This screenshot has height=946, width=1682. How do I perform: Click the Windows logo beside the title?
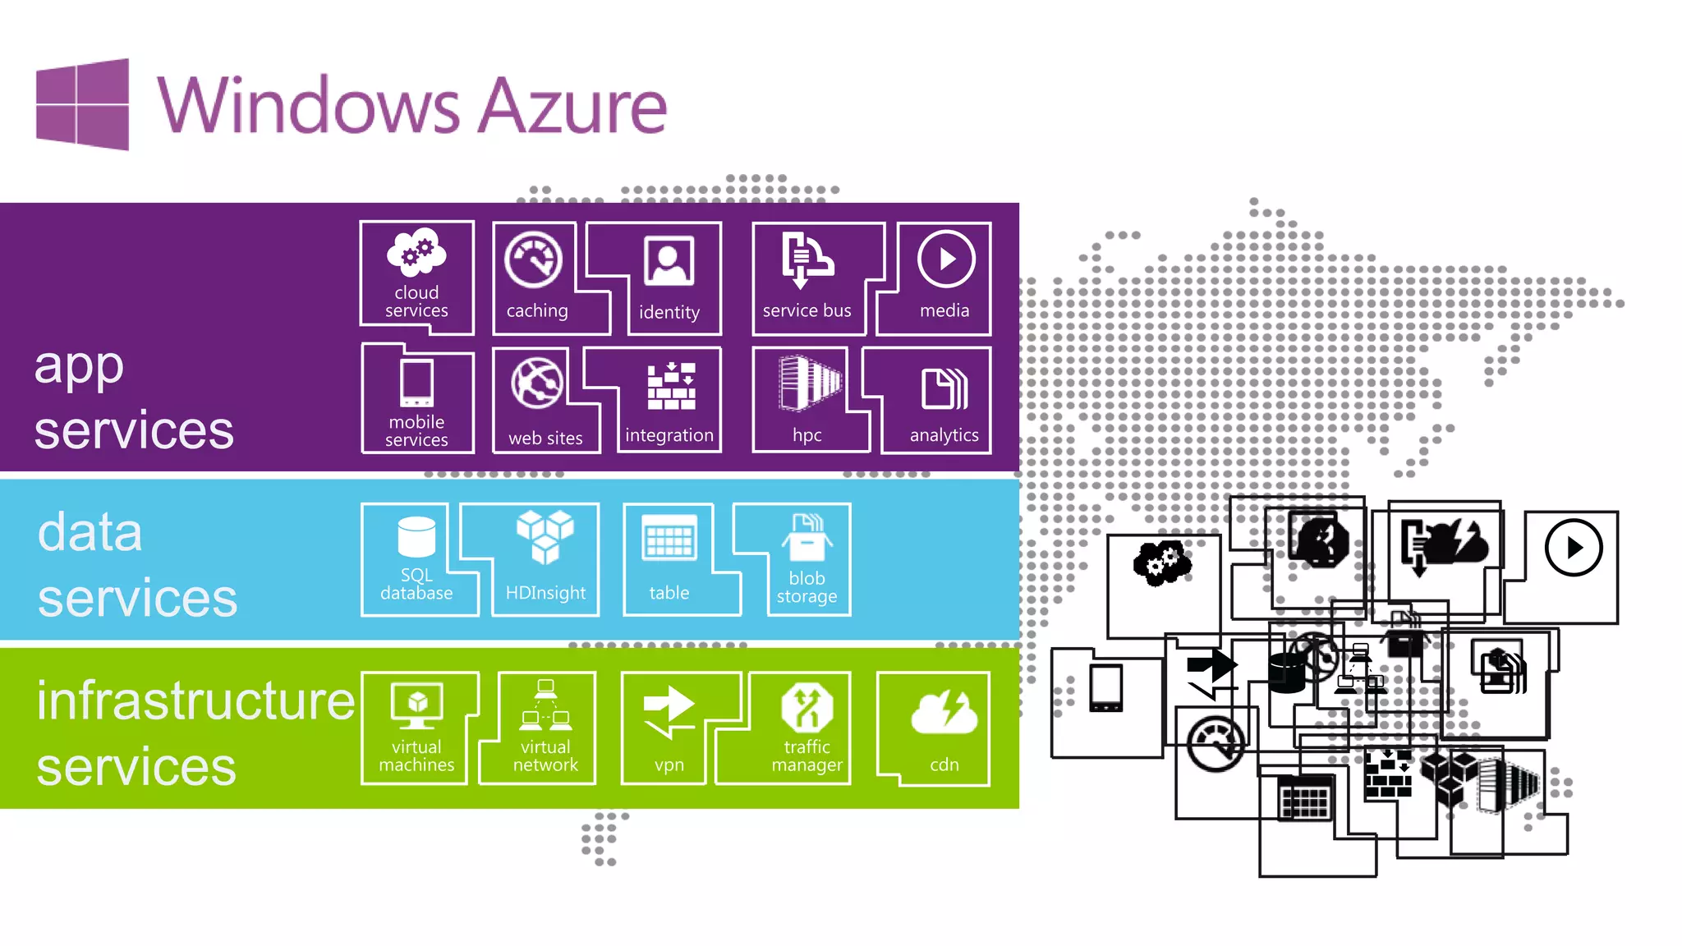click(x=82, y=104)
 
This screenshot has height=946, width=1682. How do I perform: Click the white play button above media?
click(x=945, y=259)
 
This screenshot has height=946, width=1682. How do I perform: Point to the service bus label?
click(x=807, y=310)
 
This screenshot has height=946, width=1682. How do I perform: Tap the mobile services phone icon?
click(x=416, y=383)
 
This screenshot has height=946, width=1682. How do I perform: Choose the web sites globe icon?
click(x=537, y=383)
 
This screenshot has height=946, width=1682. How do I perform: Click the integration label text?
click(x=669, y=435)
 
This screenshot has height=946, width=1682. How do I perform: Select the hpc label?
click(x=807, y=435)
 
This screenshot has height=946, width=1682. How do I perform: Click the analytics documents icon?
click(x=944, y=388)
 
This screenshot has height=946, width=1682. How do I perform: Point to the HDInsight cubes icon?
click(x=545, y=536)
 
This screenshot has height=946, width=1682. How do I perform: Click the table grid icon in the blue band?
click(x=669, y=538)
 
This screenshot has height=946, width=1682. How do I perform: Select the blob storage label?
click(x=807, y=587)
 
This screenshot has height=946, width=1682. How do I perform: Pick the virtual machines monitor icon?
click(x=416, y=705)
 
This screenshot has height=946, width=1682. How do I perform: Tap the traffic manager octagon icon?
click(x=807, y=707)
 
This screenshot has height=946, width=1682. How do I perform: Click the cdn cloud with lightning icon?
click(x=944, y=711)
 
